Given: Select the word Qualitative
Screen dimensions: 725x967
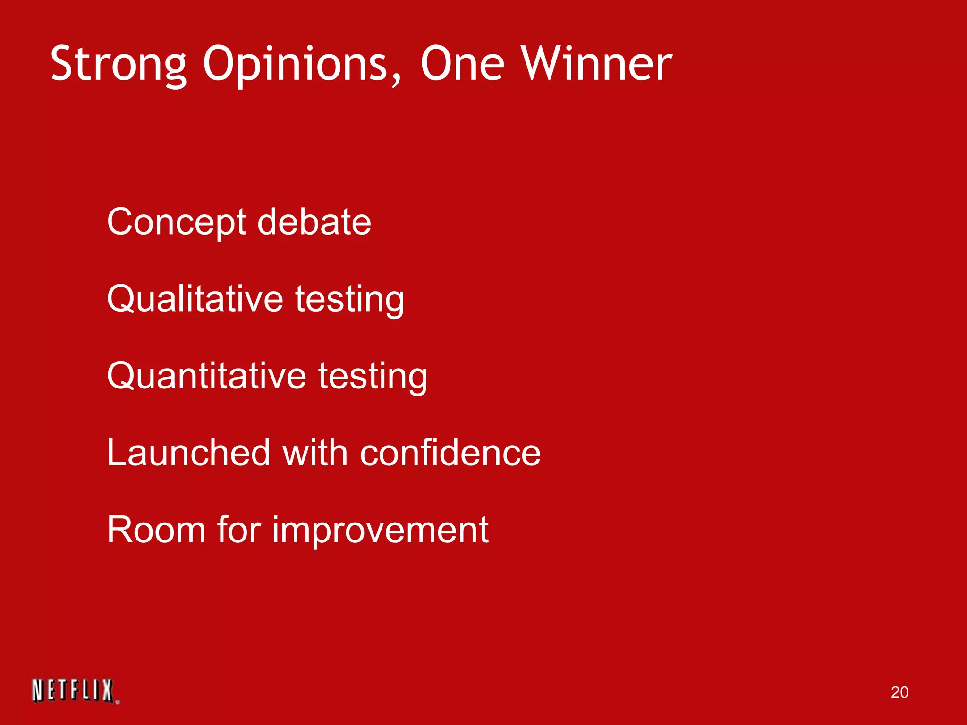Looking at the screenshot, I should click(x=195, y=299).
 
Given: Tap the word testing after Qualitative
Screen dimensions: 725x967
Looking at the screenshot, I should click(x=350, y=300).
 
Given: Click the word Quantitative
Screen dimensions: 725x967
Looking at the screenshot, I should click(x=206, y=376).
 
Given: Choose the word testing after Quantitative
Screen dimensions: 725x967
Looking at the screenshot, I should click(x=373, y=377).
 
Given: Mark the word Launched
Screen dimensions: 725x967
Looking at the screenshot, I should click(x=188, y=453).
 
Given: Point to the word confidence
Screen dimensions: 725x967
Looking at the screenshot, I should click(x=450, y=453).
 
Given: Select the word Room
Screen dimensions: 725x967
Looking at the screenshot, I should click(x=156, y=530).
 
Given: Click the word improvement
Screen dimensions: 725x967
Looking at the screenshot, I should click(x=380, y=531).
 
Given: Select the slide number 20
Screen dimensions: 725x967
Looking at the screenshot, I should click(x=899, y=692).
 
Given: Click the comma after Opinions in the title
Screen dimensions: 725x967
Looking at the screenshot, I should click(x=396, y=80).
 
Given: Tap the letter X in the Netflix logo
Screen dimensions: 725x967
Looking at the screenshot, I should click(x=107, y=691).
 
